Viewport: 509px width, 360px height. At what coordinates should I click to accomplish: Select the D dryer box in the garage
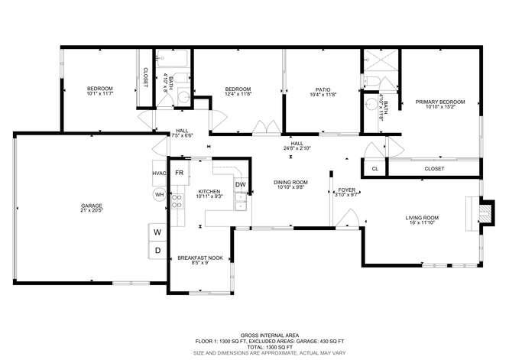(158, 250)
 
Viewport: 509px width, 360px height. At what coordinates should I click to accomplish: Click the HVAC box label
(159, 174)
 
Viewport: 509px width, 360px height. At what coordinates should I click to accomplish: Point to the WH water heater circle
(160, 195)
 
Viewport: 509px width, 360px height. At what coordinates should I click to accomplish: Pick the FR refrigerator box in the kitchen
(179, 174)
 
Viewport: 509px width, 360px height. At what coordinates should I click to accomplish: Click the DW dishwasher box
(240, 184)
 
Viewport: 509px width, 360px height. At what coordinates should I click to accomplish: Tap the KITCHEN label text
(209, 192)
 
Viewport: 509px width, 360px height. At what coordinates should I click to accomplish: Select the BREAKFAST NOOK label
(200, 258)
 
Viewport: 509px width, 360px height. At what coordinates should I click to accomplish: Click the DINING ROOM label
(290, 182)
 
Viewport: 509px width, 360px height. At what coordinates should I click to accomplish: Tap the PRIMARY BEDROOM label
(440, 102)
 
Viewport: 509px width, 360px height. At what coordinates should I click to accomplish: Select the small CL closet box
(374, 169)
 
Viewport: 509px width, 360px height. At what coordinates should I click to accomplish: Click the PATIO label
(323, 89)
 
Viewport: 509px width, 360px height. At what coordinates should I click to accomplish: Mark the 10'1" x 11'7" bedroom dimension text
(99, 95)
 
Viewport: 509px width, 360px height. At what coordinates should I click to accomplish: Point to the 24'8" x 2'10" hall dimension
(297, 148)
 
